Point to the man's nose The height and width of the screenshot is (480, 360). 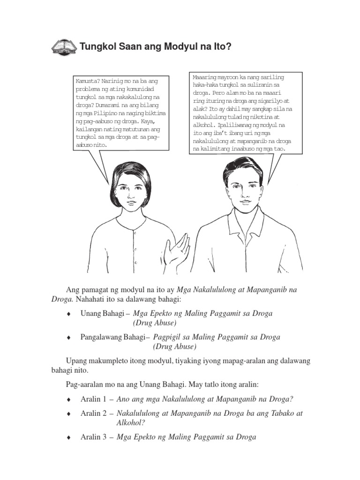[243, 193]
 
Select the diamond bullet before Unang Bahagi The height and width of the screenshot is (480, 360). [69, 314]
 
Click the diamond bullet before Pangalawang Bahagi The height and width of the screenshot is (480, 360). [69, 337]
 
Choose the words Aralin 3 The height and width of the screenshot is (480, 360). [93, 437]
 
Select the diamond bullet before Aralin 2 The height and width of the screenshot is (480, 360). [69, 414]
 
